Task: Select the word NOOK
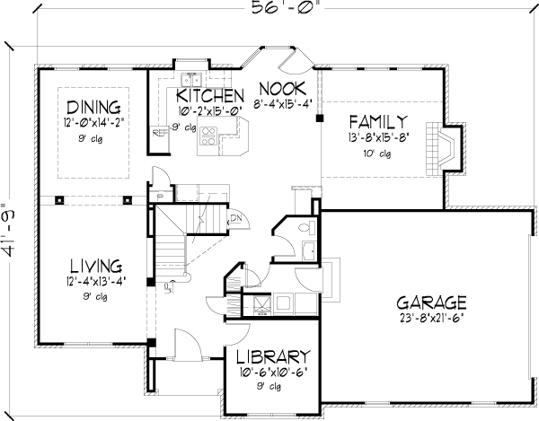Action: (283, 88)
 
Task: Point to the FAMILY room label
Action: (378, 121)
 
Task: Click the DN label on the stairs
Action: (236, 218)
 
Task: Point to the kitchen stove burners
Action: (208, 136)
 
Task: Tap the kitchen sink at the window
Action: (190, 77)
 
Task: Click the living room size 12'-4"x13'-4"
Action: (96, 283)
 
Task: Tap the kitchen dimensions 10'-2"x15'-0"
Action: (209, 112)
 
